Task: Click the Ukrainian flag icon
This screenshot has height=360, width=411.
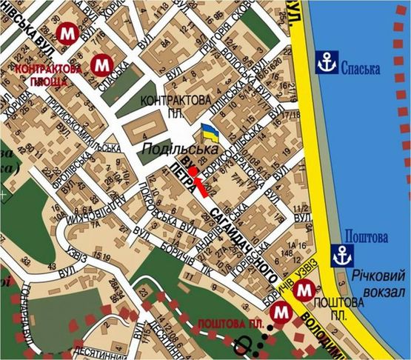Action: tap(210, 134)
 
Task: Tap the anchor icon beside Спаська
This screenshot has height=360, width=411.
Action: tap(326, 63)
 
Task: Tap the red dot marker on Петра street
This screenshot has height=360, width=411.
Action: tap(193, 171)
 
